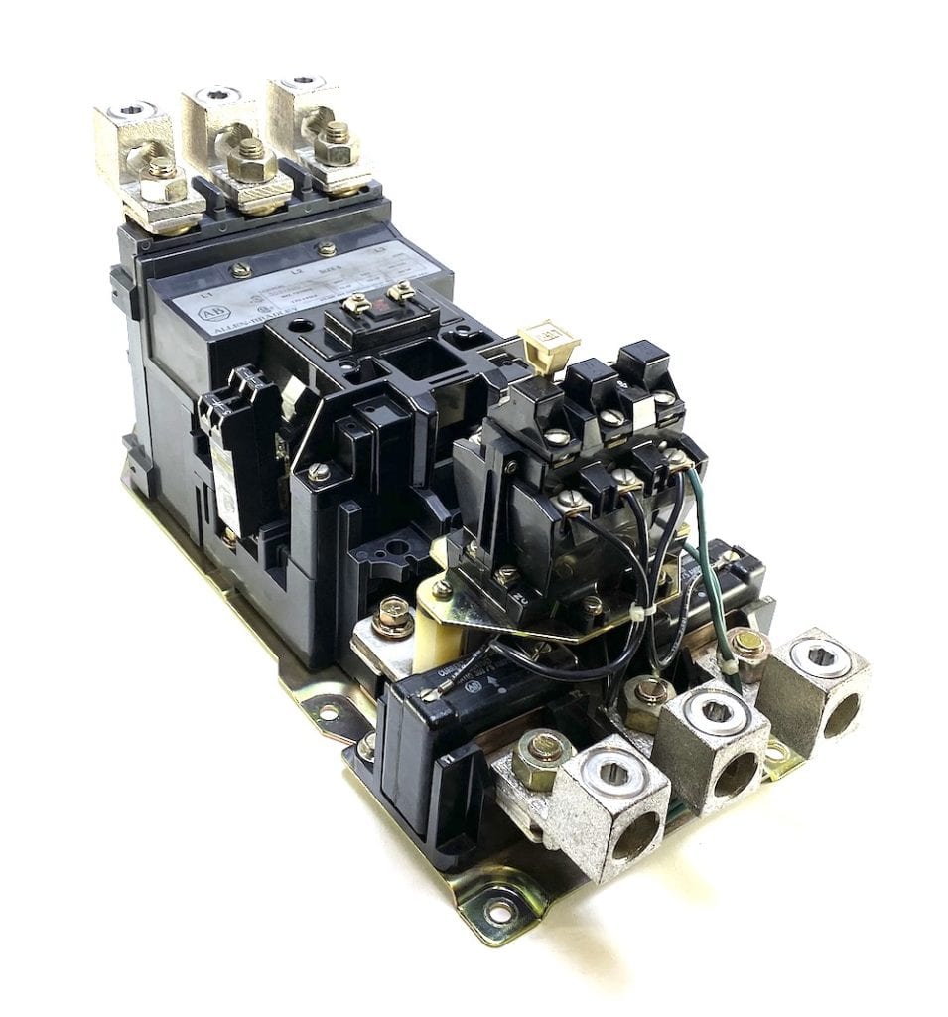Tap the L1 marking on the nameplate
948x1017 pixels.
coord(206,293)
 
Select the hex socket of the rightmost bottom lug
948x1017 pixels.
coord(820,657)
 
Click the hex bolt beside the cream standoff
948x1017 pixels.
coord(395,617)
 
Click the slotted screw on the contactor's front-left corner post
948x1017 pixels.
coord(319,474)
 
